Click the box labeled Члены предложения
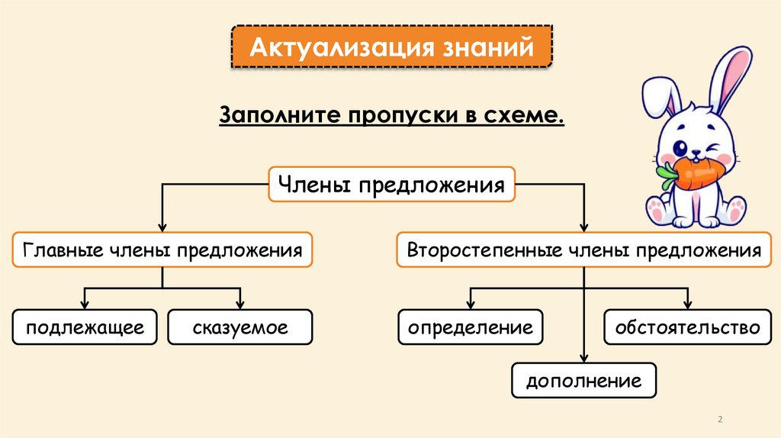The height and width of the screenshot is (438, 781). [x=391, y=185]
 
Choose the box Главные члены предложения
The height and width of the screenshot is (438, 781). [x=162, y=250]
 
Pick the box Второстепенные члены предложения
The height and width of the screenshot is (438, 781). [x=583, y=250]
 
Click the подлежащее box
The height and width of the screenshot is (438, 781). [x=85, y=327]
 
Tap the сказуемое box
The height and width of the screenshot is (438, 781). [x=240, y=327]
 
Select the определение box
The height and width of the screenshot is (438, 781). [x=470, y=327]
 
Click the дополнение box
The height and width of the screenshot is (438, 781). [x=583, y=379]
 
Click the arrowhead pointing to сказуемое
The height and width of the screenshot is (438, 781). [x=240, y=304]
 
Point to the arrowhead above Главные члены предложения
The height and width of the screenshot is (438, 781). [x=162, y=227]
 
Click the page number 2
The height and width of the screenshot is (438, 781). [x=721, y=420]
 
